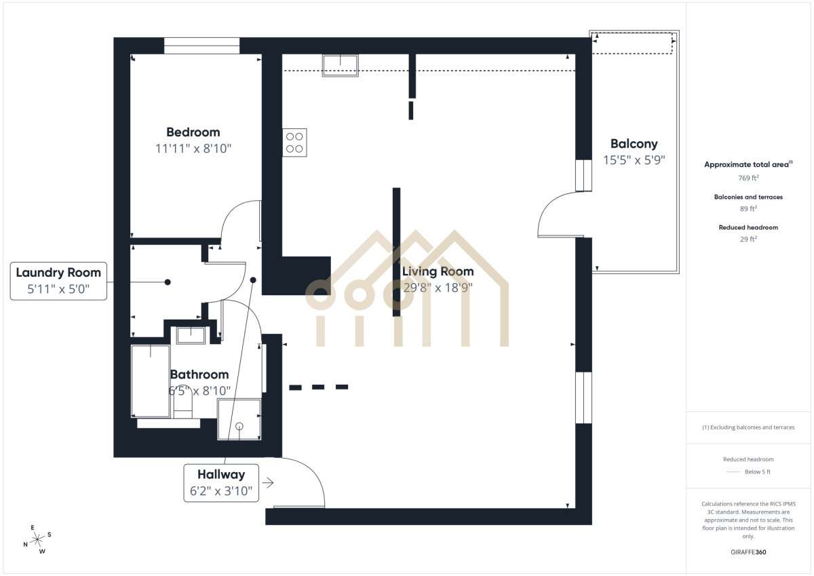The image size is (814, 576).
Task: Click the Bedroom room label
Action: click(193, 132)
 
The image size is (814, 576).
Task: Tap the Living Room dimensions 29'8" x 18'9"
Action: click(438, 287)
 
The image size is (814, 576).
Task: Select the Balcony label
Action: click(634, 144)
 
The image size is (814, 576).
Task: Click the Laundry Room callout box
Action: click(58, 281)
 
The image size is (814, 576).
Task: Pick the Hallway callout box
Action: click(221, 483)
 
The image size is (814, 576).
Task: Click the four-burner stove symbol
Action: click(294, 142)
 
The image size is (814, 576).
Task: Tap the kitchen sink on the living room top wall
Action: click(341, 65)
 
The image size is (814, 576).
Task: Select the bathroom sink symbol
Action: click(191, 335)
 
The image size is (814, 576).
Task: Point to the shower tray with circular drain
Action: click(239, 419)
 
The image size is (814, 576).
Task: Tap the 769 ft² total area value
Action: click(748, 178)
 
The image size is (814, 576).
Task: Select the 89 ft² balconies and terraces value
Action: click(748, 208)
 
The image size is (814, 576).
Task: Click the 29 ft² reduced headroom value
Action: click(748, 239)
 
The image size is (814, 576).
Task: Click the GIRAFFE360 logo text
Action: click(748, 552)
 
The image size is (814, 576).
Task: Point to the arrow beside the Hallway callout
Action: click(268, 483)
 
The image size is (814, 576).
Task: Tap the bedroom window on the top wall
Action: click(201, 45)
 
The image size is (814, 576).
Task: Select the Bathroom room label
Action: click(199, 375)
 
